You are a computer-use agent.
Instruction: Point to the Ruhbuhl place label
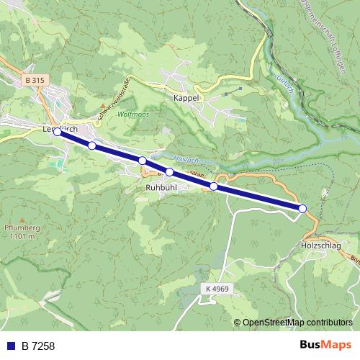[161, 186]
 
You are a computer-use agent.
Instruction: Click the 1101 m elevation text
[22, 236]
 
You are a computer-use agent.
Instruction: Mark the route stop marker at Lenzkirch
[58, 132]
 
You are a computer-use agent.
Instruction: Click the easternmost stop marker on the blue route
[302, 208]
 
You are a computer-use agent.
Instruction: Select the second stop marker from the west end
[91, 145]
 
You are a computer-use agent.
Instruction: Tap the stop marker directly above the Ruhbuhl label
[169, 172]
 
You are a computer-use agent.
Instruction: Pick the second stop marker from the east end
[214, 186]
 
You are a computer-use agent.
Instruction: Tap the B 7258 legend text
[38, 346]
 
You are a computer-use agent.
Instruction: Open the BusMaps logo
[325, 345]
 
